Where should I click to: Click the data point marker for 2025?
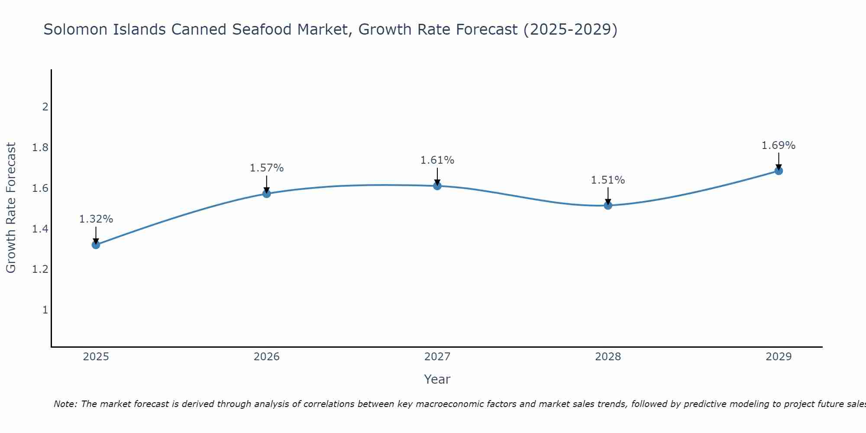[x=96, y=245]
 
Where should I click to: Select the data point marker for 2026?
[x=267, y=194]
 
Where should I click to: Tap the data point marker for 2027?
[x=437, y=186]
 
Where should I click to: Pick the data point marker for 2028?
[x=608, y=205]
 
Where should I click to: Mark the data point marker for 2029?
[x=779, y=171]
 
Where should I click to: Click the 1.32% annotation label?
[x=96, y=219]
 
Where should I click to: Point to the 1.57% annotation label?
[x=267, y=168]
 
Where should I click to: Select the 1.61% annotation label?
[x=437, y=160]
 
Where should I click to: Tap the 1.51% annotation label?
[x=608, y=180]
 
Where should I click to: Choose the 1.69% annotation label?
[x=779, y=145]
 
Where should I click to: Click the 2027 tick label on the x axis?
[x=437, y=357]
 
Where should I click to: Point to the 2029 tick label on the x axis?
[x=779, y=357]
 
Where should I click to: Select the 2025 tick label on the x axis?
[x=96, y=357]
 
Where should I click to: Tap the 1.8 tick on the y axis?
[x=40, y=148]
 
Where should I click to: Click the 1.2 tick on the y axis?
[x=40, y=269]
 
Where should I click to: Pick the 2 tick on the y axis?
[x=45, y=107]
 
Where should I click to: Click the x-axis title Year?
[x=437, y=379]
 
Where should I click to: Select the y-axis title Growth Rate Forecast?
[x=11, y=208]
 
